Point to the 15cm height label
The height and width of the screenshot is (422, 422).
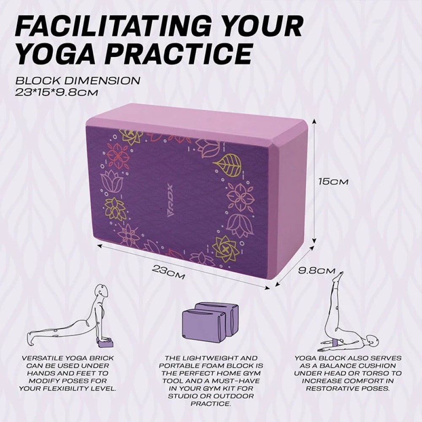click(x=333, y=181)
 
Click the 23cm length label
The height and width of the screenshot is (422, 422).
click(x=168, y=271)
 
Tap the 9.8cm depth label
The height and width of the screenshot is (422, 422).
click(x=316, y=271)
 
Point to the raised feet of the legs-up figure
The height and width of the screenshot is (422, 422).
click(x=338, y=277)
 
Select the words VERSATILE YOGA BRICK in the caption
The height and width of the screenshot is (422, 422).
click(x=68, y=358)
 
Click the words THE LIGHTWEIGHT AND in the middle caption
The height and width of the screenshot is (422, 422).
click(x=211, y=358)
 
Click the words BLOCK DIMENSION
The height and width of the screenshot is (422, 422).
click(x=77, y=80)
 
